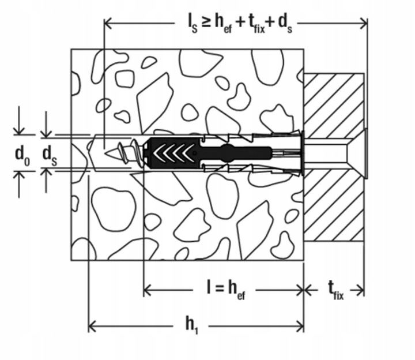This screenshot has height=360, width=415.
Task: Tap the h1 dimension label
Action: pos(191,325)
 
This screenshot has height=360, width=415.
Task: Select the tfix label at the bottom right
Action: pos(335,291)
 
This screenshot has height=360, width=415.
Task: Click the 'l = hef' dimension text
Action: pos(226,290)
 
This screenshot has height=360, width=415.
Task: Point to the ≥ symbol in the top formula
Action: pos(206,22)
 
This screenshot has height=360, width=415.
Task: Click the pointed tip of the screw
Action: pos(106,153)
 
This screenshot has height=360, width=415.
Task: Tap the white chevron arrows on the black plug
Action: pos(172,153)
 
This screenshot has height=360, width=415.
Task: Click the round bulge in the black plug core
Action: pos(227,153)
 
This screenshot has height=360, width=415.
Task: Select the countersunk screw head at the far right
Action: pos(365,153)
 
